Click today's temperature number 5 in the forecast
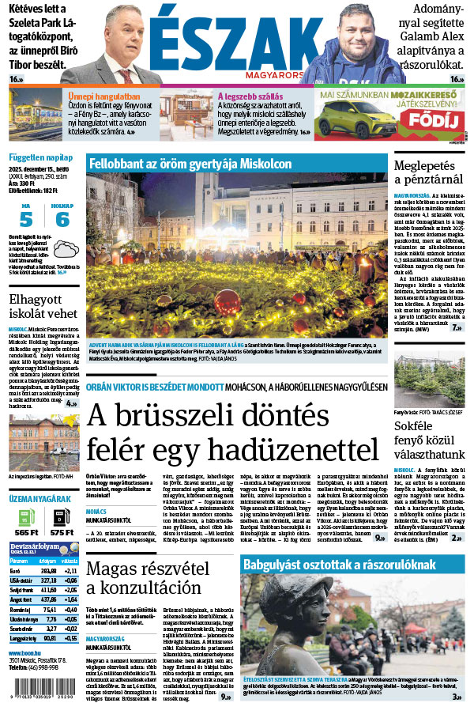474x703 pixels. (x=26, y=219)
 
